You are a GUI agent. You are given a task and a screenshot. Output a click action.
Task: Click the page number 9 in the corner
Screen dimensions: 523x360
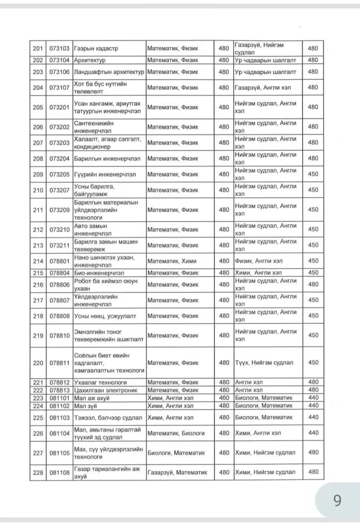tap(337, 500)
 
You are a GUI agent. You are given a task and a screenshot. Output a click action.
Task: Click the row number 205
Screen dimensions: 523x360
tap(38, 107)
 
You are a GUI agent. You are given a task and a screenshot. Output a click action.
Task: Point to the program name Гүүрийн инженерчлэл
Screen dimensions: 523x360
tap(105, 174)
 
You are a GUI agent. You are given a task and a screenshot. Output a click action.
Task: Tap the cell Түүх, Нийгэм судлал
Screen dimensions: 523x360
tap(264, 363)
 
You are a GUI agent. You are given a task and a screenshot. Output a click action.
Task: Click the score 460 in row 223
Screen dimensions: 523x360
tap(224, 398)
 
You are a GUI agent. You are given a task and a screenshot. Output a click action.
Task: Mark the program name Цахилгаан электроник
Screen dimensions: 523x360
tap(106, 390)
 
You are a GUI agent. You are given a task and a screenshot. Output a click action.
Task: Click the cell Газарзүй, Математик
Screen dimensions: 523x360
tap(177, 472)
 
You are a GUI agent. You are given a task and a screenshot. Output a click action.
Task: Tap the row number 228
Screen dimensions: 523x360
tap(38, 472)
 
